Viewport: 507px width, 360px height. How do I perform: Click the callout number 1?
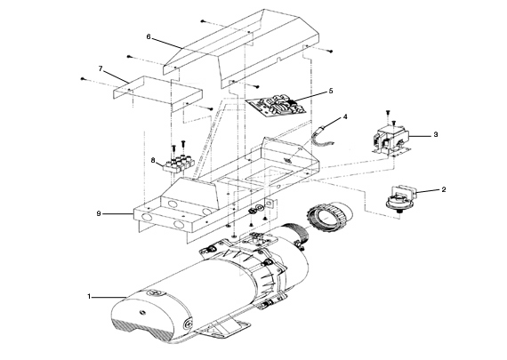89,295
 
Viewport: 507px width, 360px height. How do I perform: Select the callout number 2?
445,189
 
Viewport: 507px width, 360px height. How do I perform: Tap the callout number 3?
436,134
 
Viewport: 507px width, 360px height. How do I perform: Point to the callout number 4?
345,116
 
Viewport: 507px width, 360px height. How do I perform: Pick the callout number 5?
330,91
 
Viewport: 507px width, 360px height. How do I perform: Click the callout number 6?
149,37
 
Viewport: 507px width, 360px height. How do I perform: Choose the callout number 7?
101,68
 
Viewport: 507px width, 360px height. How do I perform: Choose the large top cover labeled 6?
240,49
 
